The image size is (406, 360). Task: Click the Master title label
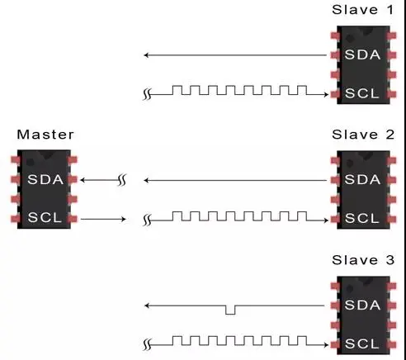click(45, 135)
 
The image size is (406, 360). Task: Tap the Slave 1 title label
click(363, 10)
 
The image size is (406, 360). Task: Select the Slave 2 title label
click(363, 135)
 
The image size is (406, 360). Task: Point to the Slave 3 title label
click(363, 260)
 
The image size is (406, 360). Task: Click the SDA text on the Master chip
click(45, 180)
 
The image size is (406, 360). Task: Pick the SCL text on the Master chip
click(45, 217)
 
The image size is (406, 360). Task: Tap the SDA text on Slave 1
click(362, 54)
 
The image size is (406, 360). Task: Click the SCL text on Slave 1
click(361, 93)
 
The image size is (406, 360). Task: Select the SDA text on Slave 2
click(362, 180)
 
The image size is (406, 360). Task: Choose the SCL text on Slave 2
click(361, 218)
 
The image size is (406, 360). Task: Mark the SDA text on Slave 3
click(362, 305)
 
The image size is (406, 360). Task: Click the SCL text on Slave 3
click(361, 343)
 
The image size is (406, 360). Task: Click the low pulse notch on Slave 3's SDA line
click(230, 310)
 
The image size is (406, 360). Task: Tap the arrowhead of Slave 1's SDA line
click(146, 55)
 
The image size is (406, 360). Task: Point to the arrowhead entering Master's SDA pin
click(83, 180)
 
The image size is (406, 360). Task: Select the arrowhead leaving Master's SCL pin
click(124, 219)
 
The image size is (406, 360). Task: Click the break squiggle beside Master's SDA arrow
click(122, 180)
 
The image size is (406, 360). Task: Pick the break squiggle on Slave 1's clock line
click(147, 94)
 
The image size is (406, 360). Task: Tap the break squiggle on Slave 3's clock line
click(147, 344)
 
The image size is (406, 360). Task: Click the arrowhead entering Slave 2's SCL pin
click(326, 220)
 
